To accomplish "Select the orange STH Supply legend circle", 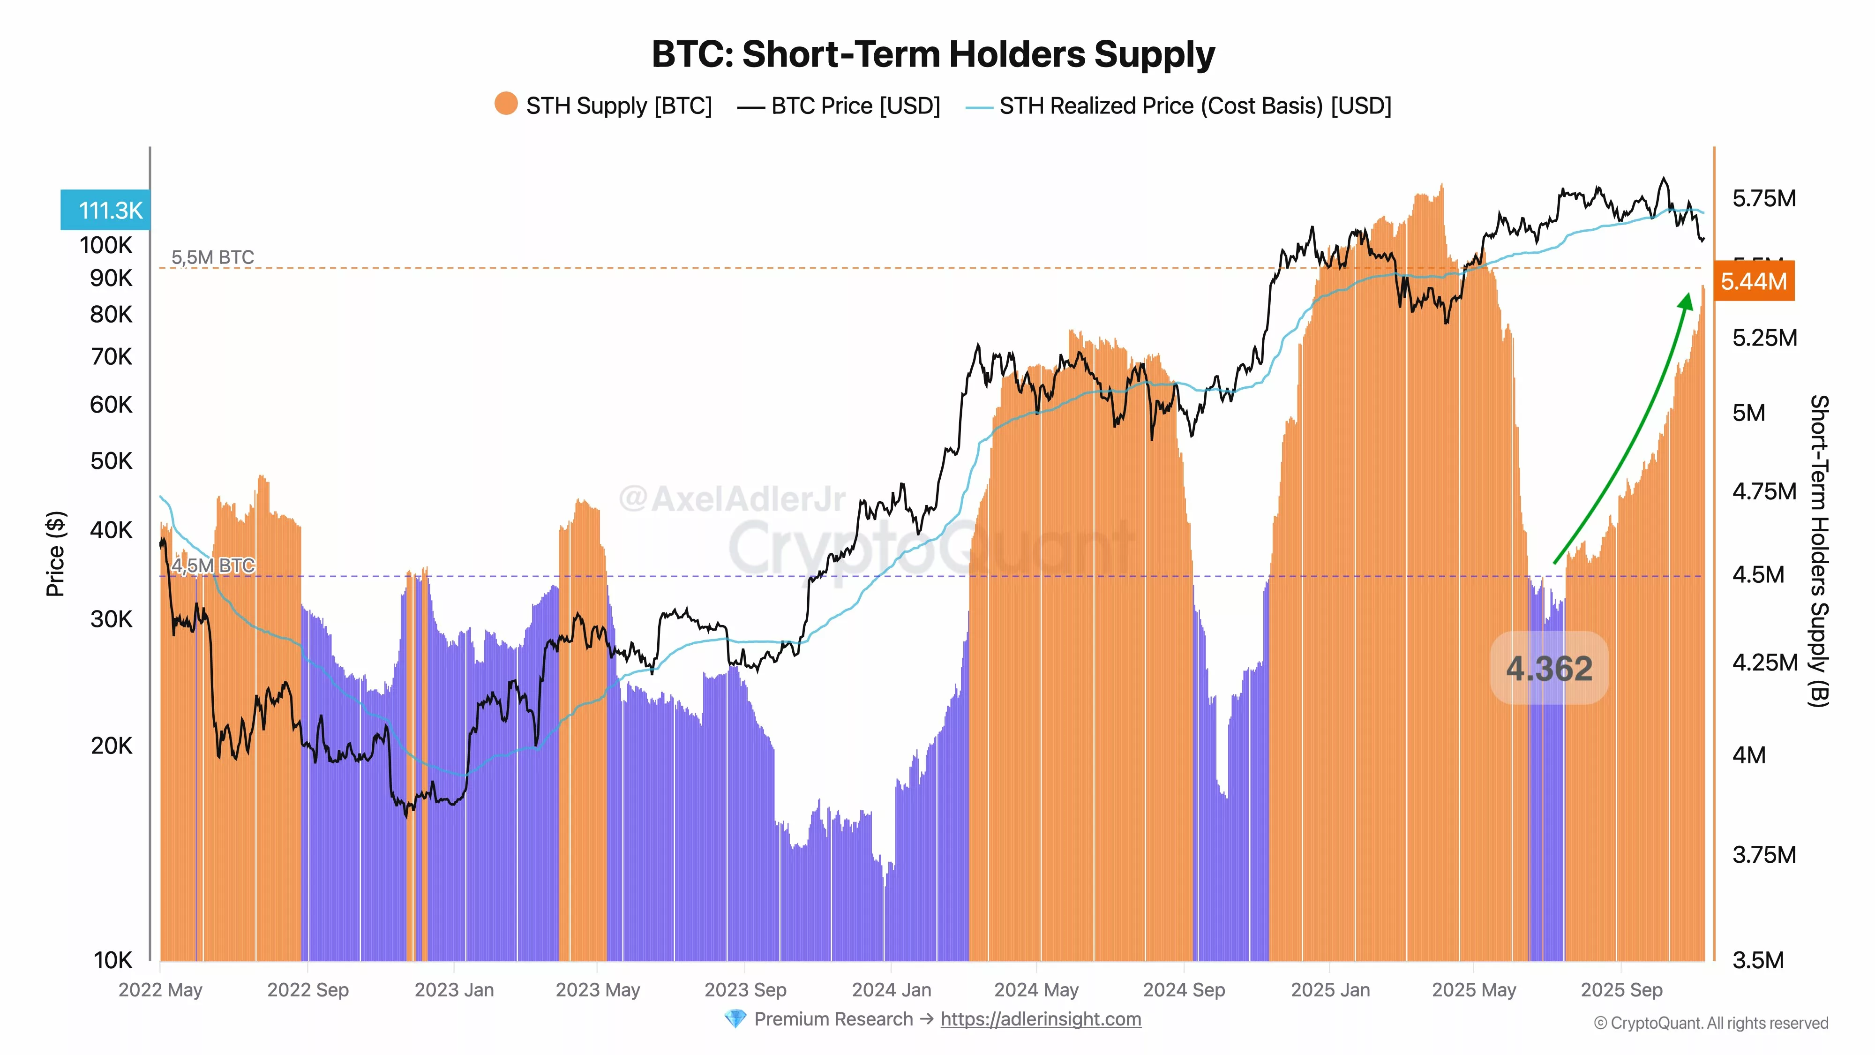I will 506,104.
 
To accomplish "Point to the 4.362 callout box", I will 1549,668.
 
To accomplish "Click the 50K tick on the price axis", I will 112,461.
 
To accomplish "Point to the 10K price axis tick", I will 113,960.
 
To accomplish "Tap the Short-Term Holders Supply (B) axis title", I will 1818,551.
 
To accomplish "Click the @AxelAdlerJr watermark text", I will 732,499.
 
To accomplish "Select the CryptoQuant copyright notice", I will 1710,1023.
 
